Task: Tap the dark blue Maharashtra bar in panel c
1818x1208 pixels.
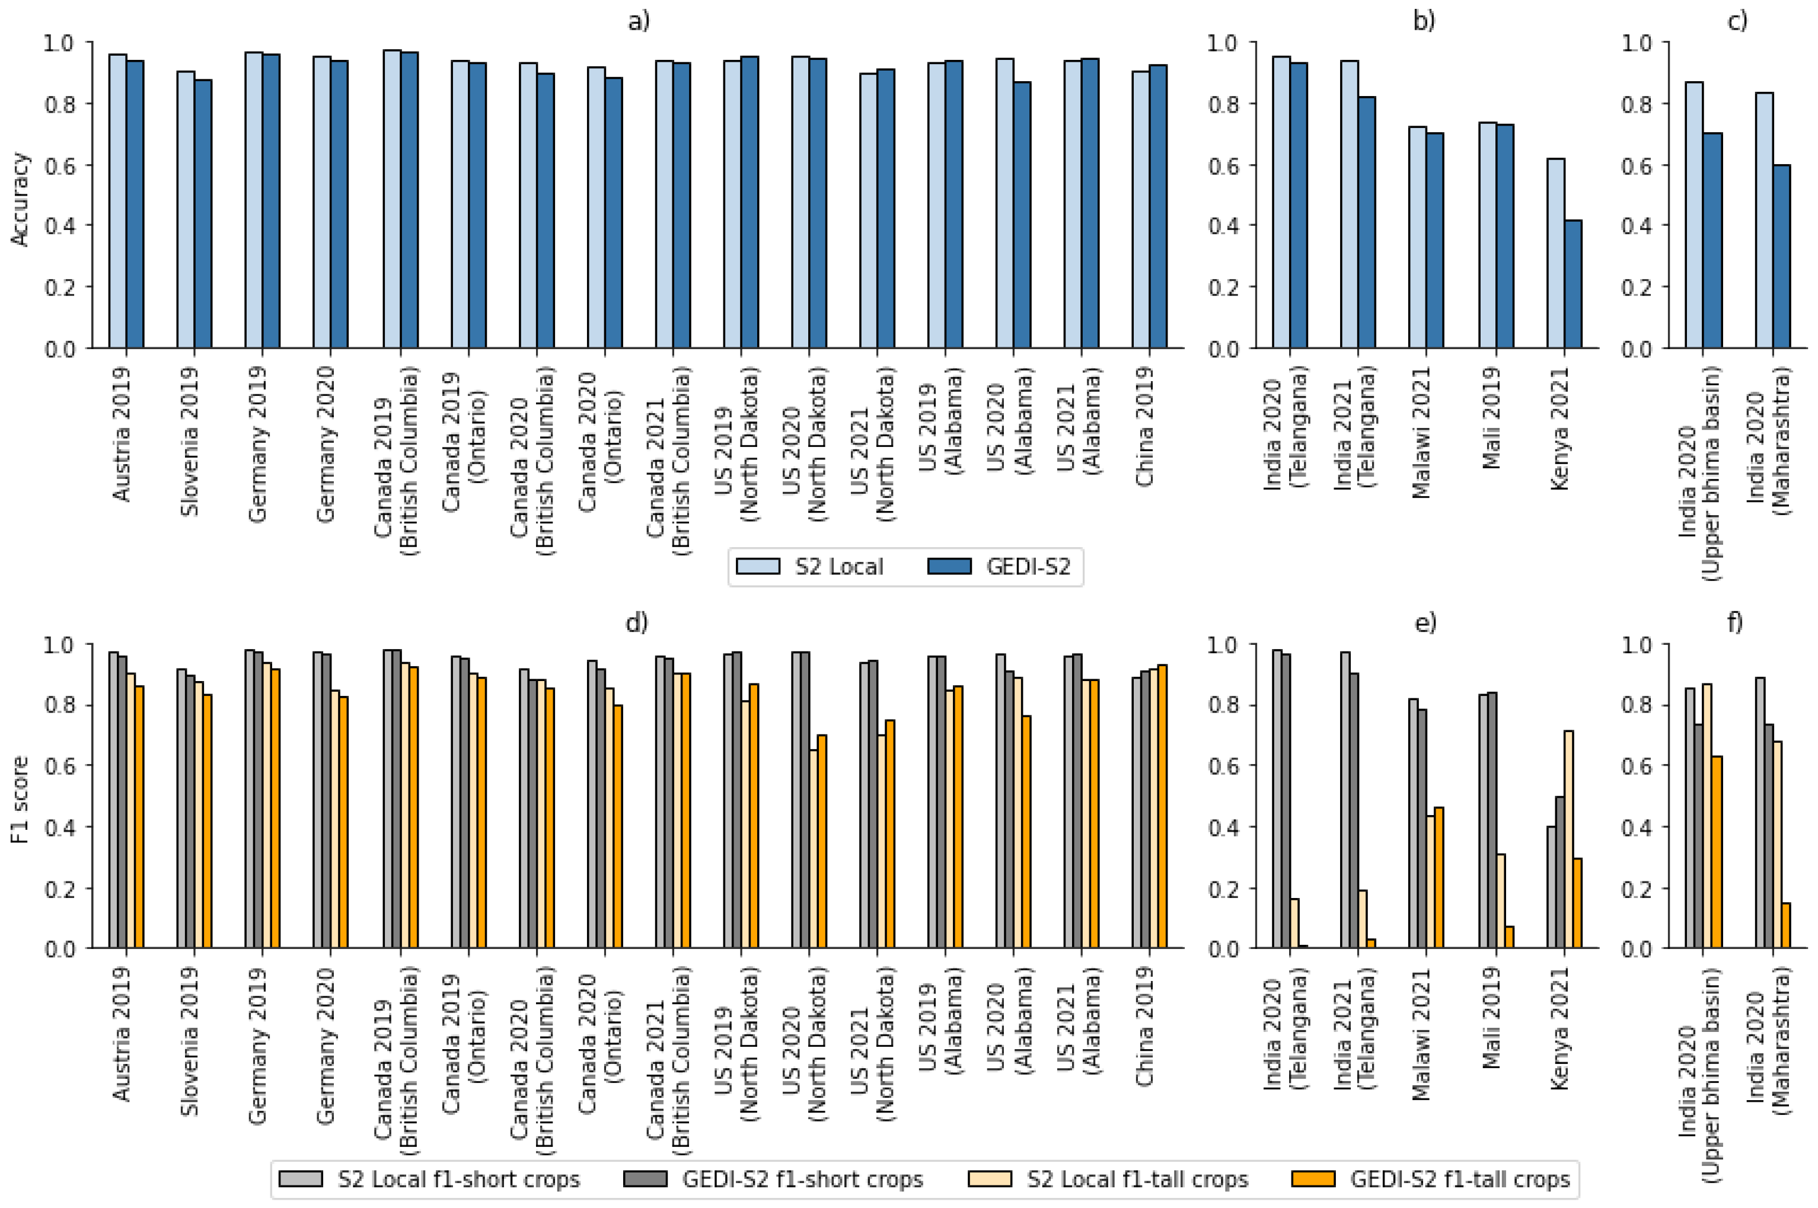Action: tap(1781, 257)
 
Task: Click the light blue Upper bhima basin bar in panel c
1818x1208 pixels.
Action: tap(1694, 215)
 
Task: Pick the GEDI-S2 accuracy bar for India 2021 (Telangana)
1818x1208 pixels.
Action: tap(1366, 223)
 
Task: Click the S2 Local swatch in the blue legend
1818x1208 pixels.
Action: tap(758, 567)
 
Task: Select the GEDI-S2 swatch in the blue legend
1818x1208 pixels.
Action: tap(949, 567)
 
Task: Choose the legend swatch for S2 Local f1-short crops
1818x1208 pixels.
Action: tap(301, 1179)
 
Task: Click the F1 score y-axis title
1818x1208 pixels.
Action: tap(20, 799)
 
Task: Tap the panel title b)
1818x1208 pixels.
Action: tap(1424, 21)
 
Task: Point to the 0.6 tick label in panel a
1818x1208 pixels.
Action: tap(60, 165)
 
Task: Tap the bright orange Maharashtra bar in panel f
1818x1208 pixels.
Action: tap(1785, 925)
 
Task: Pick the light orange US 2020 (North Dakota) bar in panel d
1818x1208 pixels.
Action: tap(813, 849)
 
